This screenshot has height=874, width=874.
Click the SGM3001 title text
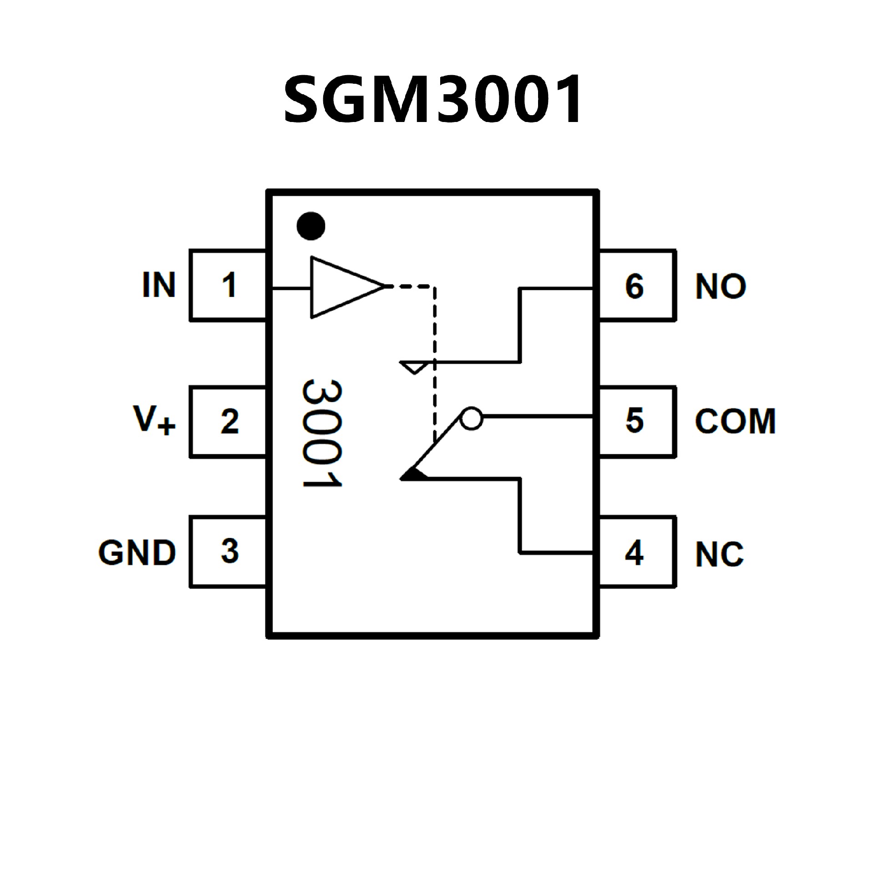[x=432, y=99]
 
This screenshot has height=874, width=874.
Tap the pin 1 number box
[x=228, y=285]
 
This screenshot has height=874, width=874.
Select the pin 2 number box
[x=228, y=422]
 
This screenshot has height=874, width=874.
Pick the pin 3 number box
[x=228, y=551]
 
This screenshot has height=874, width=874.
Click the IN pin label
[x=158, y=285]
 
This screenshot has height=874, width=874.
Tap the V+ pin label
[x=154, y=420]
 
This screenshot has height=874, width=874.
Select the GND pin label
[x=137, y=553]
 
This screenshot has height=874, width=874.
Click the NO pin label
[x=720, y=287]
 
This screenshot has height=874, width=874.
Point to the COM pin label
[x=735, y=422]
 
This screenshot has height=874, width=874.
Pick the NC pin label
[x=719, y=554]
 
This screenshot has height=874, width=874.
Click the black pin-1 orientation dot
[x=311, y=226]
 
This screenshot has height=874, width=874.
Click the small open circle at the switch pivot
[x=471, y=417]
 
